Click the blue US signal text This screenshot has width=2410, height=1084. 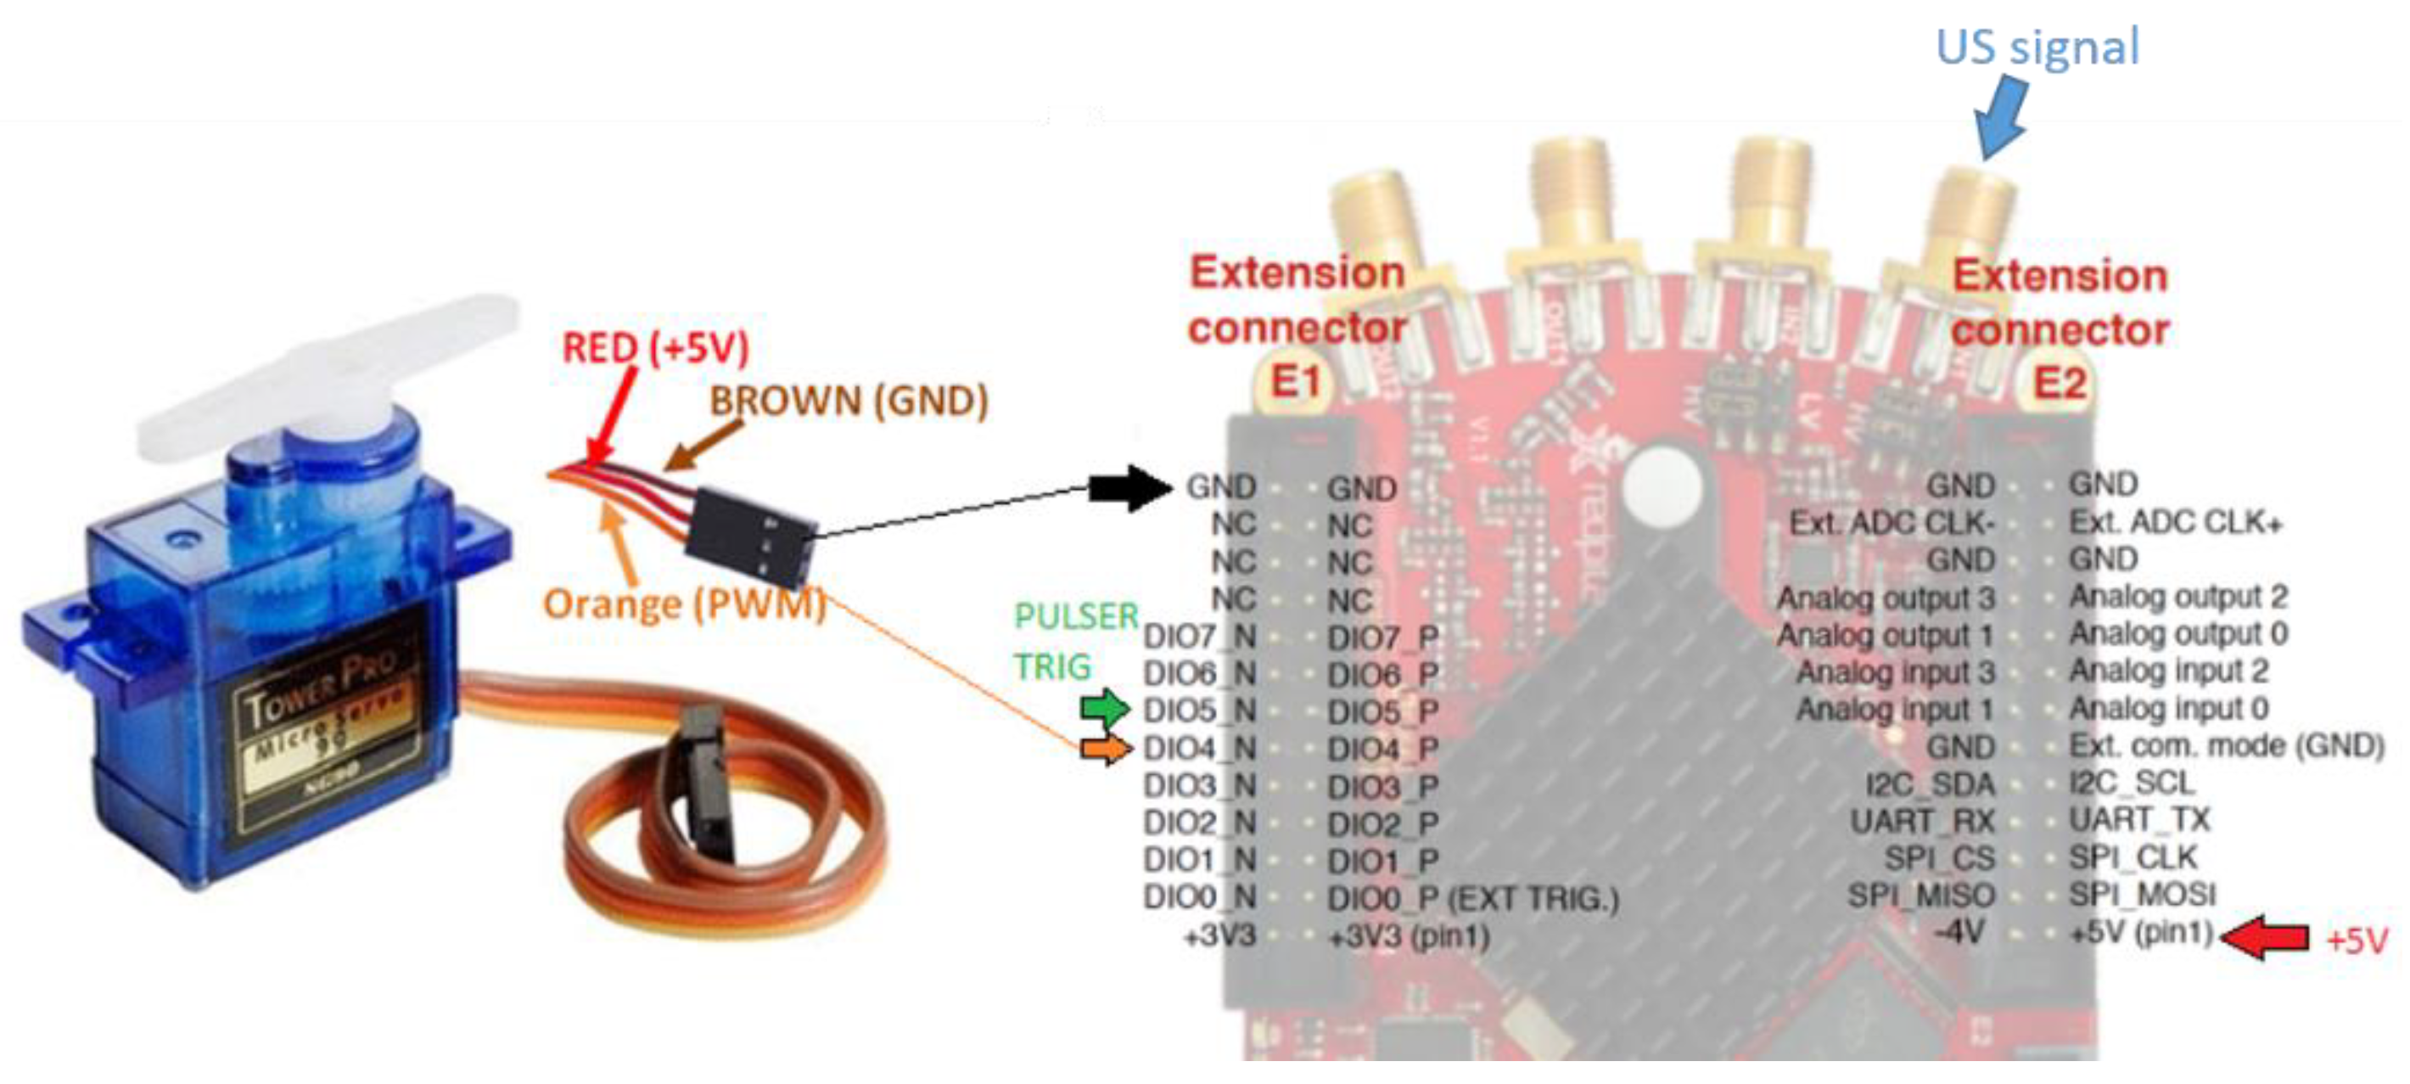coord(2037,47)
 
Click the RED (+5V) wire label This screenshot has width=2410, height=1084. coord(655,348)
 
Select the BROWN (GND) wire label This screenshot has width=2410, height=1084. coord(849,401)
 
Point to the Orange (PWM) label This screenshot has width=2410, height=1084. coord(684,604)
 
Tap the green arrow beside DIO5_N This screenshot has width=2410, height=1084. coord(1105,709)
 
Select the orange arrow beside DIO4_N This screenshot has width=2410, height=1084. coord(1105,748)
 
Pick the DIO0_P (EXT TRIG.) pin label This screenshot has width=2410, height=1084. coord(1472,899)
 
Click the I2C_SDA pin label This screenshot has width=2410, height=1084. coord(1929,784)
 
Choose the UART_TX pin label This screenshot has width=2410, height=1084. coord(2138,820)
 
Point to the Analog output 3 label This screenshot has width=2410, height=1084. coord(1886,598)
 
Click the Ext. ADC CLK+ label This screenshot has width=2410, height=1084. coord(2175,521)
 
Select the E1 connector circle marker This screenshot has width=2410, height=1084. coord(1295,382)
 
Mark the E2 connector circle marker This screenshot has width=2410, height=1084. coord(2060,383)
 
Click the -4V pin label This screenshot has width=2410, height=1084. coord(1959,932)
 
